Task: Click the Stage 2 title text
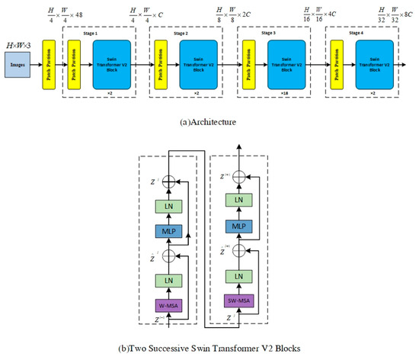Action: point(180,34)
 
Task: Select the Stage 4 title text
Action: point(355,34)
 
